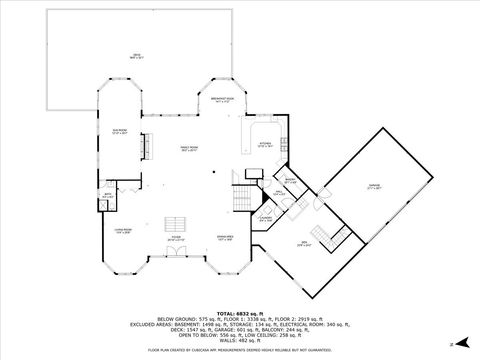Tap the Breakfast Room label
pos(222,98)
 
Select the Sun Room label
pos(120,130)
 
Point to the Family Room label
pos(189,147)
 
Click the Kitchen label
pos(266,142)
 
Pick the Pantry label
pos(290,181)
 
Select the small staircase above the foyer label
pos(177,222)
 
